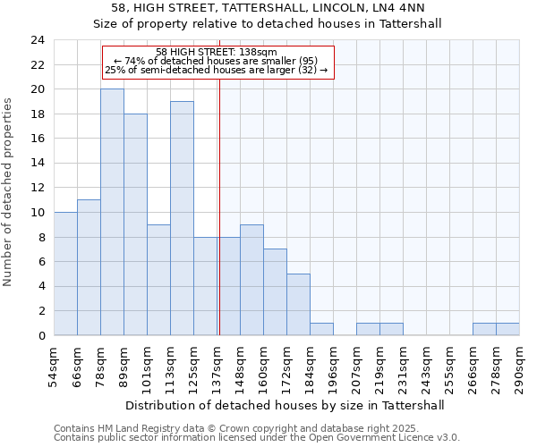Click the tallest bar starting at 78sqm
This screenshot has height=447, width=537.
112,212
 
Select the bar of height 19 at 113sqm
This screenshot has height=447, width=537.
182,218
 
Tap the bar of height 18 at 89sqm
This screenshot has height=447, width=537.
135,224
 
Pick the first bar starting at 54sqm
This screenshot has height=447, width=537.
65,274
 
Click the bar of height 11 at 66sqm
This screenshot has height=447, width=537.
89,267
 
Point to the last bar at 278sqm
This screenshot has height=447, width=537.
507,329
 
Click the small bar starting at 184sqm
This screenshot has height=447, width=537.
321,329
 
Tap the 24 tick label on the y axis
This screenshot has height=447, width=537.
37,40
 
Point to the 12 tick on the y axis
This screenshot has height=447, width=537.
37,188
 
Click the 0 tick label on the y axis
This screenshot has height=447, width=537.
40,335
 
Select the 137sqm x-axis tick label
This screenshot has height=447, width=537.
217,367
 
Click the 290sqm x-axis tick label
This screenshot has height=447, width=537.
519,367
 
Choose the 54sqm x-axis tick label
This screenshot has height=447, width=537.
54,367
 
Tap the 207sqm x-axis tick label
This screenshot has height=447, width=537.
356,367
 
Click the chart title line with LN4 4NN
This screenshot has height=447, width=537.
268,8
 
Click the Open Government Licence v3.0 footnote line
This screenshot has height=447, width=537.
256,438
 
